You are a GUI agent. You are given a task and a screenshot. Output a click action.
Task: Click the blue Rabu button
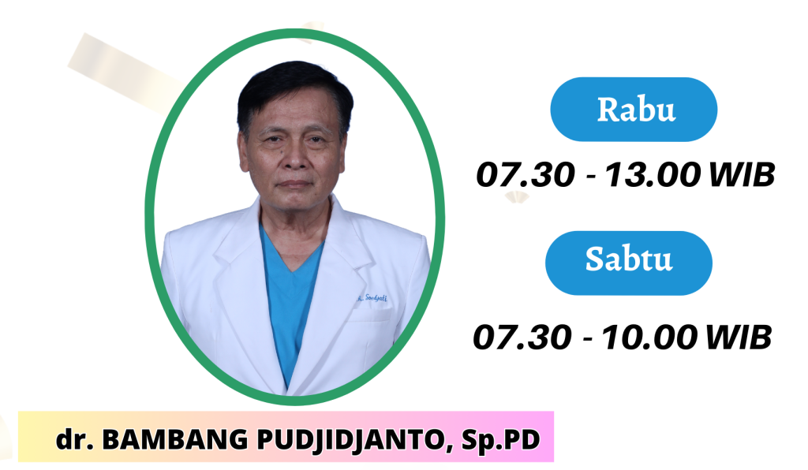(x=633, y=109)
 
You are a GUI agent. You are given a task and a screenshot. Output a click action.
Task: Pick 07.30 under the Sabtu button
(x=522, y=337)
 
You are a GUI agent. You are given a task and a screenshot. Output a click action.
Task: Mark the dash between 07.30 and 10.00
(x=588, y=338)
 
